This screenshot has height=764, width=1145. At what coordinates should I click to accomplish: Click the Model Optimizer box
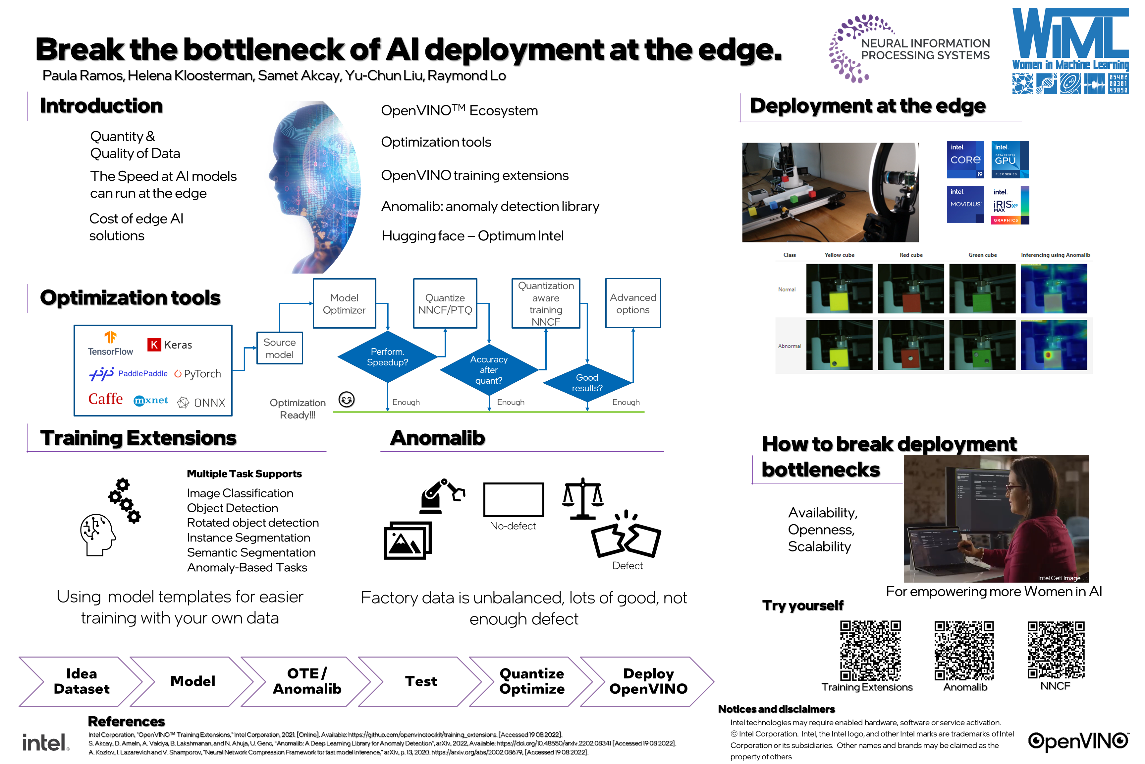tap(344, 303)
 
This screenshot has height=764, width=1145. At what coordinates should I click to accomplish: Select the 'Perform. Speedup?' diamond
tap(388, 357)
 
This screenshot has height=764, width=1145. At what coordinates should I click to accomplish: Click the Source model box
tap(279, 349)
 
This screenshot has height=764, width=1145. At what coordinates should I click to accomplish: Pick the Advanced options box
tap(633, 303)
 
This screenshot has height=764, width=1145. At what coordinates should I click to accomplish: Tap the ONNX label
tap(209, 403)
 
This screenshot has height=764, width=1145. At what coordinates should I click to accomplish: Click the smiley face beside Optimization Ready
tap(347, 400)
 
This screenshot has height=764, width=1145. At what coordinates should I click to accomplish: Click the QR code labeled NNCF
tap(1056, 650)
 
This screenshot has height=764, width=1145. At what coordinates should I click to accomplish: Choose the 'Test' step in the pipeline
tap(421, 681)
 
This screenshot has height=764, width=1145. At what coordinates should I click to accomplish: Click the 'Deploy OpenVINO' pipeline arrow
tap(648, 681)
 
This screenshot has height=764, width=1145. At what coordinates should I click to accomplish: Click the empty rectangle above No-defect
tap(514, 499)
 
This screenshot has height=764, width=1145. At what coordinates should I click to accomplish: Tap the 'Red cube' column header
tap(911, 255)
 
